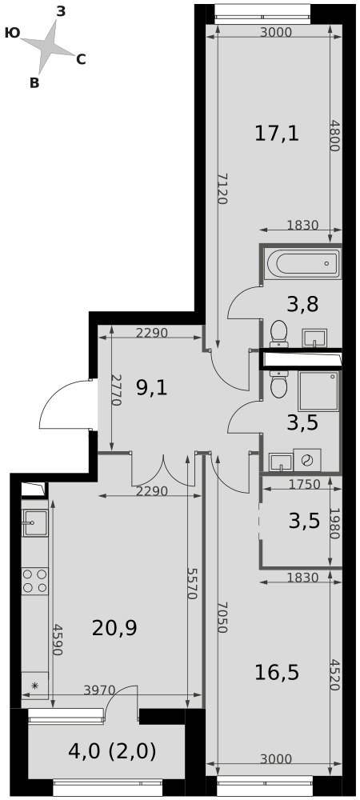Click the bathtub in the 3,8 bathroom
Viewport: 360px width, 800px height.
[x=301, y=263]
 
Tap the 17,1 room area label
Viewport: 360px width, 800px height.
[x=277, y=134]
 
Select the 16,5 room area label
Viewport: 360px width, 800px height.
[x=277, y=673]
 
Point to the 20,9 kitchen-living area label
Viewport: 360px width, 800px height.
[x=114, y=628]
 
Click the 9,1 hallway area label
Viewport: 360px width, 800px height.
[x=151, y=389]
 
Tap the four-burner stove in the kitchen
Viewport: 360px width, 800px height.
[x=34, y=581]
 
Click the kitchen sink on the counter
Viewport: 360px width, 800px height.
[x=34, y=523]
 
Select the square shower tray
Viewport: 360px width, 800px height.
[x=318, y=391]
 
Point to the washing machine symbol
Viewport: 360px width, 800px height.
[x=307, y=460]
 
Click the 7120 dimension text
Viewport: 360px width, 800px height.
[x=222, y=188]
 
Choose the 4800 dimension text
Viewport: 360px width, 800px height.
[x=334, y=135]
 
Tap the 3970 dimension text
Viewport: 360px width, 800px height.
[x=99, y=690]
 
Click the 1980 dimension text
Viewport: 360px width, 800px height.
[x=334, y=523]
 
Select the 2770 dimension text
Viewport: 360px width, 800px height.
[x=116, y=390]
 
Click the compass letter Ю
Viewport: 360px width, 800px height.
[x=12, y=33]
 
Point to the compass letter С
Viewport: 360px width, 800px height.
[x=81, y=60]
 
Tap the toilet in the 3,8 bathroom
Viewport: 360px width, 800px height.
[x=279, y=333]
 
